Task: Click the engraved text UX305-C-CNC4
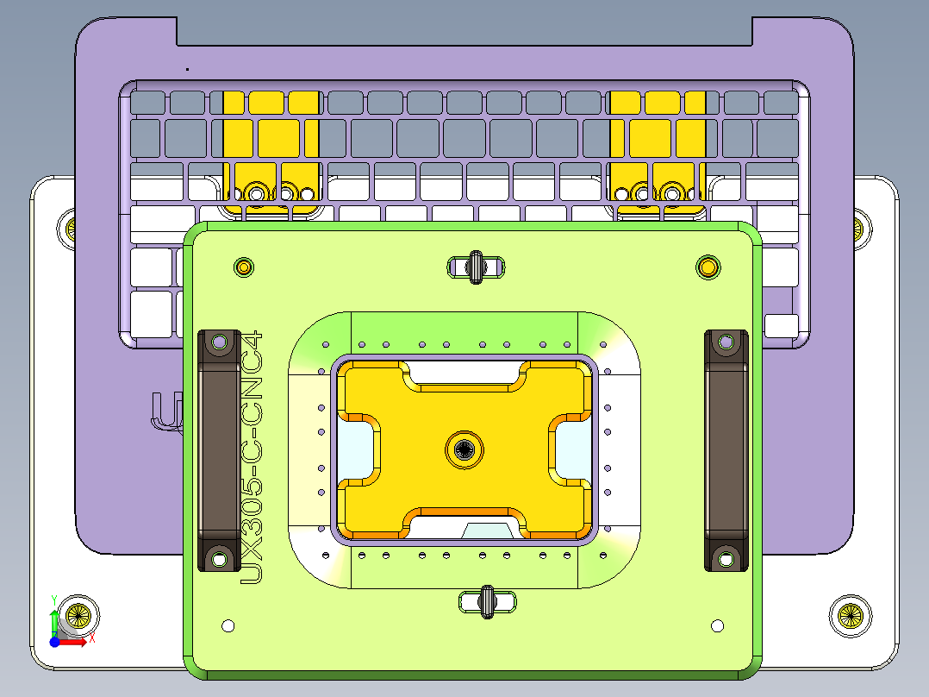(x=251, y=457)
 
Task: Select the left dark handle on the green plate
(x=220, y=449)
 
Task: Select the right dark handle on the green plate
(x=726, y=449)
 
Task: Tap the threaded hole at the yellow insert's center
(x=464, y=449)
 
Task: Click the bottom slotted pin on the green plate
(x=486, y=600)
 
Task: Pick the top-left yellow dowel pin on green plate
(x=244, y=267)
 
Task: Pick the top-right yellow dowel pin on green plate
(x=708, y=267)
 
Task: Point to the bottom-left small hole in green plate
(x=228, y=625)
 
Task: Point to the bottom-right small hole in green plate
(x=717, y=625)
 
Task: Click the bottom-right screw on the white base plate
(x=850, y=615)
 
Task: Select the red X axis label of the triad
(x=92, y=638)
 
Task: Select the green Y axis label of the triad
(x=54, y=599)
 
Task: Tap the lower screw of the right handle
(x=726, y=559)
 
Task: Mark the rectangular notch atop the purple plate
(x=464, y=31)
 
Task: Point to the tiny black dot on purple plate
(x=187, y=68)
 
